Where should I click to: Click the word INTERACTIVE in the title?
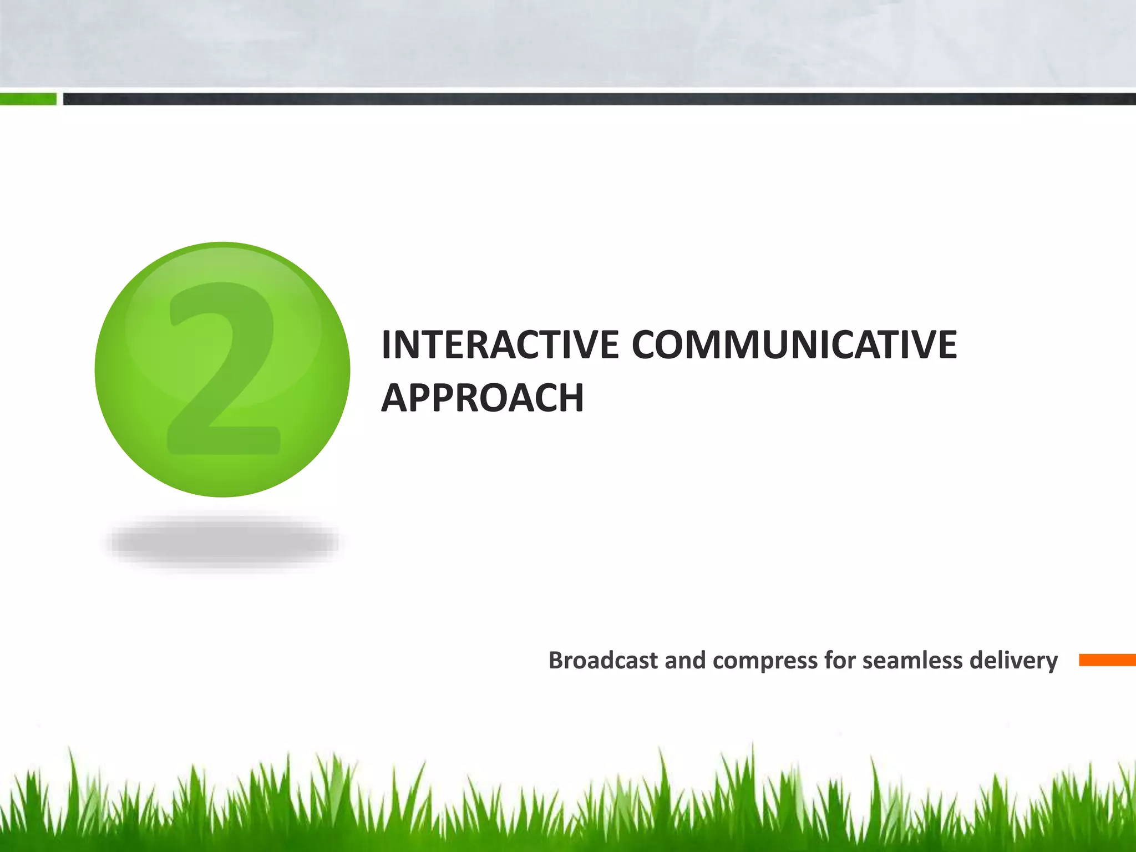(499, 345)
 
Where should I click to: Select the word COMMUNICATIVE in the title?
(794, 345)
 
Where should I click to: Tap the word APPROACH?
(482, 398)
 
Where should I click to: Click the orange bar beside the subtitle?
(1107, 660)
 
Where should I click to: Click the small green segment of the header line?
(28, 99)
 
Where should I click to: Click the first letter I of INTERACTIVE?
(387, 345)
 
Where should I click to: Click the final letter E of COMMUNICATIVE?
(945, 345)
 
